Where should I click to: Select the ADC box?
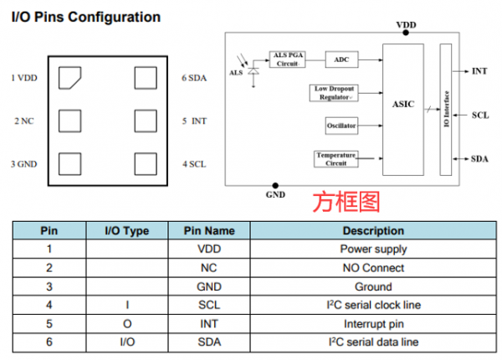341,59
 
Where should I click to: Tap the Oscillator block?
341,126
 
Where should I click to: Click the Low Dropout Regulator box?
335,92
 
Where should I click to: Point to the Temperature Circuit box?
336,158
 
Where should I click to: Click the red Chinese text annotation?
346,202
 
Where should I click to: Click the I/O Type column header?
125,230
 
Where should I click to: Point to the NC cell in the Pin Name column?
208,268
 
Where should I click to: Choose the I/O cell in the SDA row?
125,342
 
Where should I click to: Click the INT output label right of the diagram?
479,72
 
